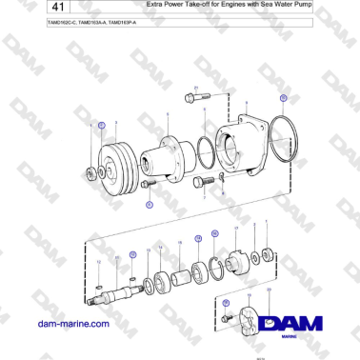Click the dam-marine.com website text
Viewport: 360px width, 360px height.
coord(69,324)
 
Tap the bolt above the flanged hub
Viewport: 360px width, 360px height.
coord(190,97)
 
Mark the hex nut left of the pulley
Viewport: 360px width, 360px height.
coord(91,172)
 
